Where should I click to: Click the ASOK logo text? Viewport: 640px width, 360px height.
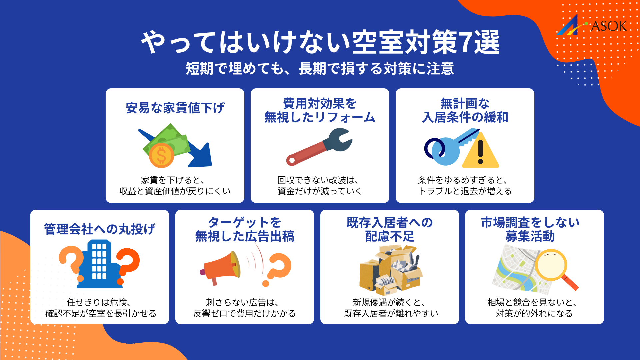point(608,26)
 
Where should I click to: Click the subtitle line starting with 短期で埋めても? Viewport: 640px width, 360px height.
point(320,69)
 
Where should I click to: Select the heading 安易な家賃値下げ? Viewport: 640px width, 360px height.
point(175,108)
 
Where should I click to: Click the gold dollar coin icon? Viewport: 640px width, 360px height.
point(161,155)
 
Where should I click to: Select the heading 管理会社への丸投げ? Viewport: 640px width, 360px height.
point(100,229)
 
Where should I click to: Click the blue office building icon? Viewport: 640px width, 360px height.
point(99,265)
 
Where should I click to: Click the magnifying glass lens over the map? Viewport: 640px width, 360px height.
point(551,265)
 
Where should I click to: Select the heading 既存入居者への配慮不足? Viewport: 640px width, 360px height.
point(389,229)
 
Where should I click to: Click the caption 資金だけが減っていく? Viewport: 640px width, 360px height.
point(320,191)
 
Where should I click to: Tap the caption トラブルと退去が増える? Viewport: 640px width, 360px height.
point(465,191)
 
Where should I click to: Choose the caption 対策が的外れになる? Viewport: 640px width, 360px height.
point(534,313)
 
